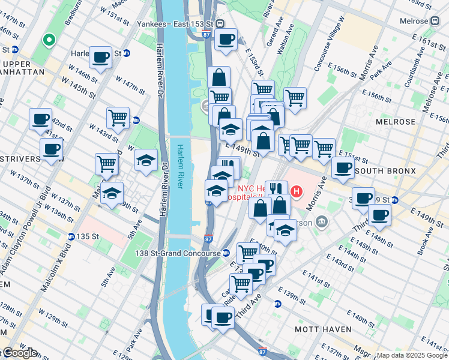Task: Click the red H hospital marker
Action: coord(296,192)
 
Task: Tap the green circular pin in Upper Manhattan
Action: coord(49,41)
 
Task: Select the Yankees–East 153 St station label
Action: coord(175,24)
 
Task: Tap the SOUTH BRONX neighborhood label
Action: coord(385,171)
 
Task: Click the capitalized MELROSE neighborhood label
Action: coord(395,122)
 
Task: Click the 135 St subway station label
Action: coord(87,236)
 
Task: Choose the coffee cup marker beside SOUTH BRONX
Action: coord(343,168)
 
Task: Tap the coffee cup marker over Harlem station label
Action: coord(100,58)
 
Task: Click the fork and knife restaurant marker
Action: coord(276,189)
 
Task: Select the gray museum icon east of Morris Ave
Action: coord(322,223)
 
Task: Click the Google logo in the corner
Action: coord(19,353)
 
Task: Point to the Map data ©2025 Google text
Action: coord(411,355)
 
